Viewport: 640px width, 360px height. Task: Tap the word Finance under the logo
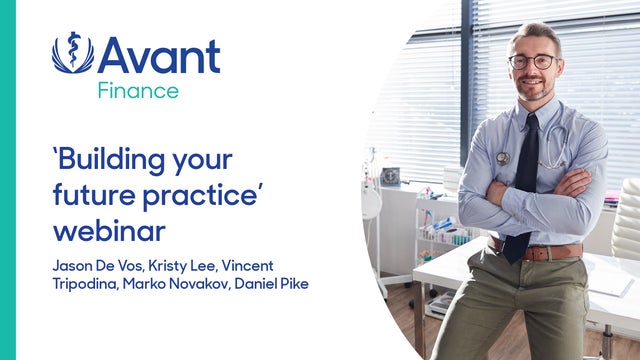[x=138, y=91]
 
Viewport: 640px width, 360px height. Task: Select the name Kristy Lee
[x=190, y=265]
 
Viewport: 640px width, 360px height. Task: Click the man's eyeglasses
[x=532, y=61]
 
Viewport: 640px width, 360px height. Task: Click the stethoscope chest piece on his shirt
[x=503, y=158]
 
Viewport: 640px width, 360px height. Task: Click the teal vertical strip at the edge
[x=7, y=180]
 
